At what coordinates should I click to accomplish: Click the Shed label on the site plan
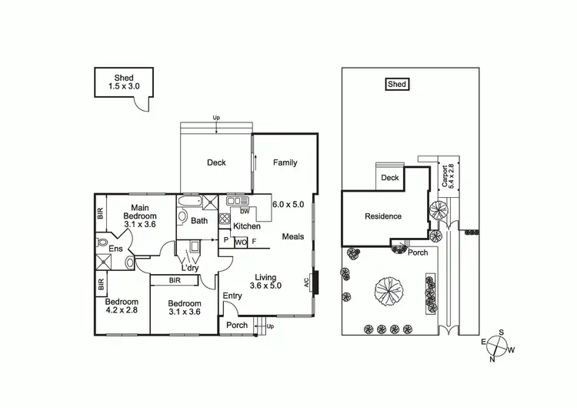click(x=397, y=85)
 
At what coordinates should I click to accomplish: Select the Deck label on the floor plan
click(x=216, y=162)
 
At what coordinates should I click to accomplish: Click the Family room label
click(x=285, y=162)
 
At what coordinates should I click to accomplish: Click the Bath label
click(x=200, y=221)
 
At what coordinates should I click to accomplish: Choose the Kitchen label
click(x=247, y=226)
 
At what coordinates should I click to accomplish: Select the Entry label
click(x=232, y=296)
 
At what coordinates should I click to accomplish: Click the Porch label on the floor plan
click(x=237, y=326)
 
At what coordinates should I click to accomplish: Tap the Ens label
click(x=115, y=249)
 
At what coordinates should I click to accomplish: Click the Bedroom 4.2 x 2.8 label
click(x=122, y=306)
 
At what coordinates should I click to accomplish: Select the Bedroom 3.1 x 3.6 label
click(x=185, y=308)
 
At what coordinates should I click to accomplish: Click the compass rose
click(x=500, y=346)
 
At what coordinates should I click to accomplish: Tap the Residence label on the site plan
click(x=383, y=216)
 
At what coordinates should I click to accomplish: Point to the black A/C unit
click(x=317, y=282)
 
